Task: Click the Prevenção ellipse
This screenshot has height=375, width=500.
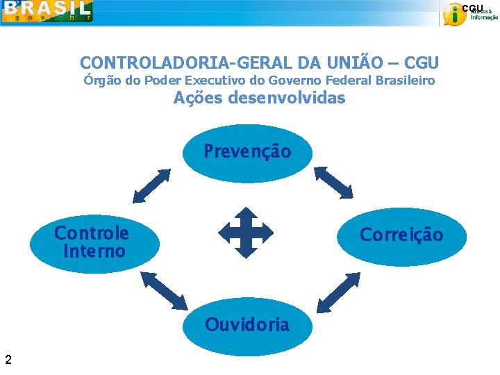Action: click(247, 151)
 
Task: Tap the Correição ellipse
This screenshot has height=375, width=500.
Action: click(401, 235)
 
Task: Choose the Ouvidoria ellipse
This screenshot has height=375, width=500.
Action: click(247, 325)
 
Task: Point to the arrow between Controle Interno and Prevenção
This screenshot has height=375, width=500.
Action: click(151, 185)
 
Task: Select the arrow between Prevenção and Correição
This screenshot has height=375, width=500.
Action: click(335, 182)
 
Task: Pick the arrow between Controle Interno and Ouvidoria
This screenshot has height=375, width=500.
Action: click(164, 290)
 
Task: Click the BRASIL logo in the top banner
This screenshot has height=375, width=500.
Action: click(47, 11)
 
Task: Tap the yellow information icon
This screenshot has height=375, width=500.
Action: click(454, 15)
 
